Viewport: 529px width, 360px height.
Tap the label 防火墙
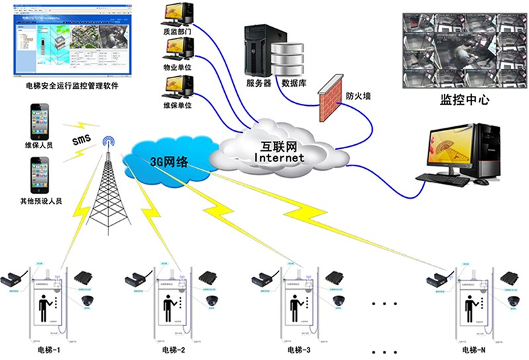coord(358,96)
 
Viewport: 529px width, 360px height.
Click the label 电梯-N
coord(474,349)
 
